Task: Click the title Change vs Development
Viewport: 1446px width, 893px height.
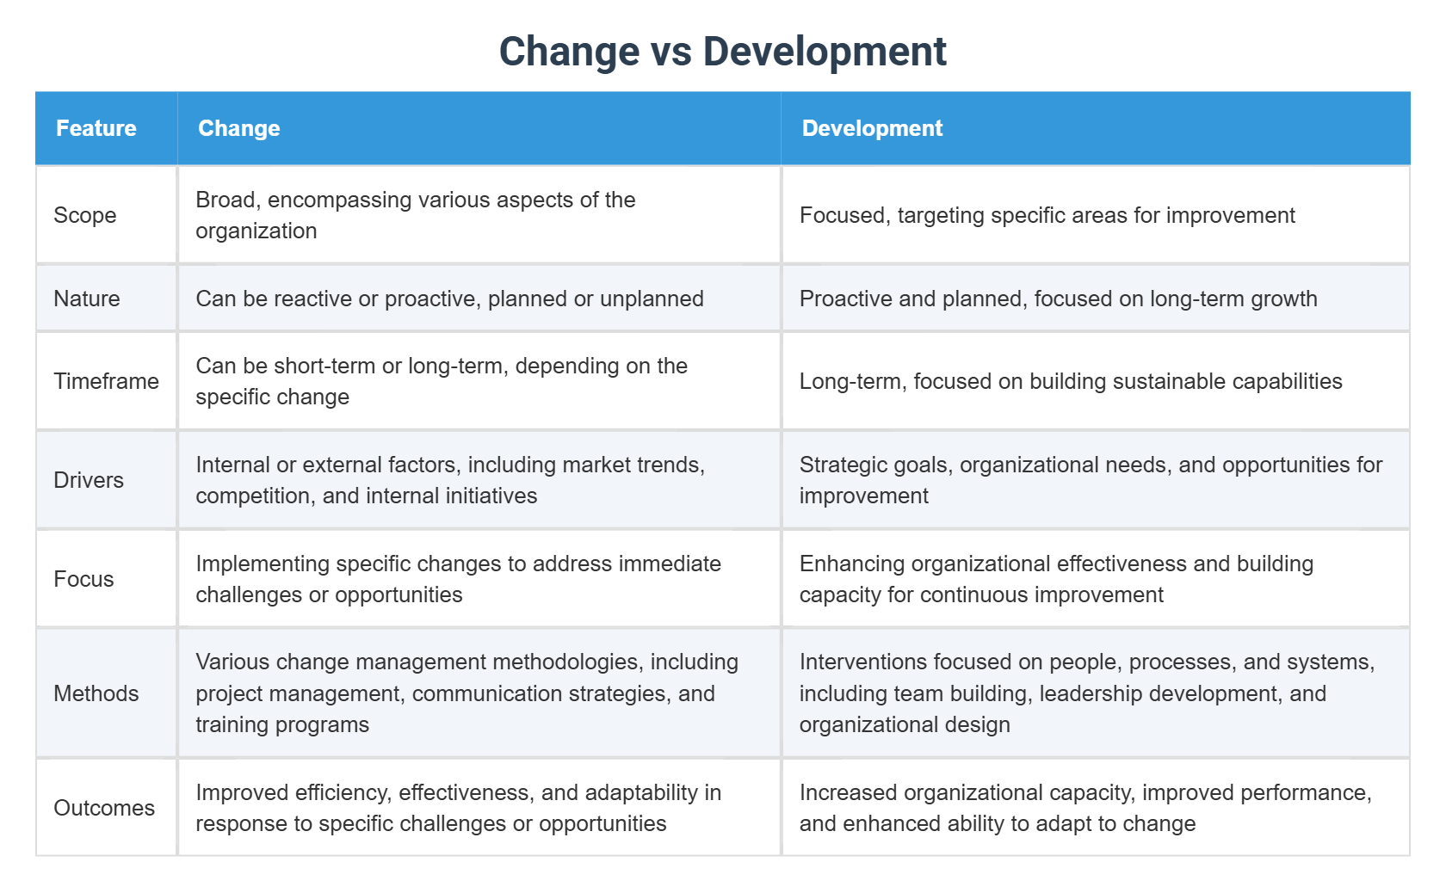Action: click(722, 52)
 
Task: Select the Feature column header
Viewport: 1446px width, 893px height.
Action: click(96, 128)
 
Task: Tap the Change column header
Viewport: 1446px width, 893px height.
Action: click(239, 128)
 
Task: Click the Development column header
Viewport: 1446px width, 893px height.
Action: click(872, 128)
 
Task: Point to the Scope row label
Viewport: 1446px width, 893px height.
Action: click(85, 215)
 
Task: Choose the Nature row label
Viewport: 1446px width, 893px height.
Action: click(87, 299)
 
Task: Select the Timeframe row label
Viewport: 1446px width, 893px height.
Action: click(106, 381)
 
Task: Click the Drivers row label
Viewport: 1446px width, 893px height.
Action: click(89, 480)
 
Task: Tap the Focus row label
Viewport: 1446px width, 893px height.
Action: click(83, 579)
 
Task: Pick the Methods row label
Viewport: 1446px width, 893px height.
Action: click(96, 693)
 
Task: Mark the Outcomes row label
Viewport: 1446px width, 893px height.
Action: click(104, 808)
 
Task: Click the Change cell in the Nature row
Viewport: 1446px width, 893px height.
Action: click(449, 299)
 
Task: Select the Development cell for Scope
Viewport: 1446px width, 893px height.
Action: click(1047, 215)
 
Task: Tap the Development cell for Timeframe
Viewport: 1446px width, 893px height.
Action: click(1071, 381)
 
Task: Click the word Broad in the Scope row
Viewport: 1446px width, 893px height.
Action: click(225, 200)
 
